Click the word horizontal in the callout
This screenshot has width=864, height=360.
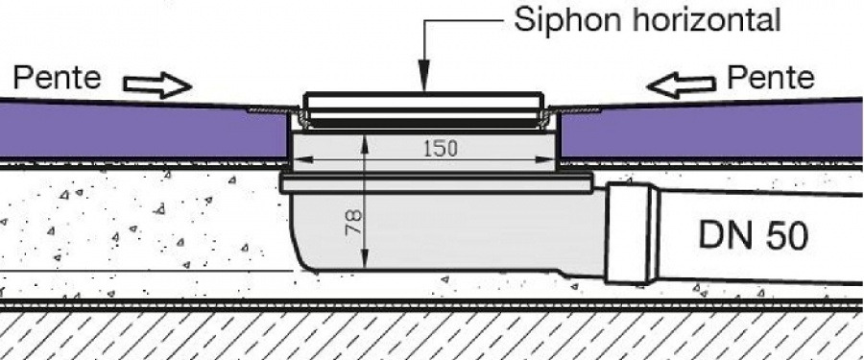(707, 20)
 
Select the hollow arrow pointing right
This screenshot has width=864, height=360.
(157, 84)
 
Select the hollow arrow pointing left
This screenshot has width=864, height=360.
(681, 85)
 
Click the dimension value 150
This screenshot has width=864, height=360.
(441, 148)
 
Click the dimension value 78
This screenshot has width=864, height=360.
(353, 222)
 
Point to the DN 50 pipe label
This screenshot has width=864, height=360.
(754, 235)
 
